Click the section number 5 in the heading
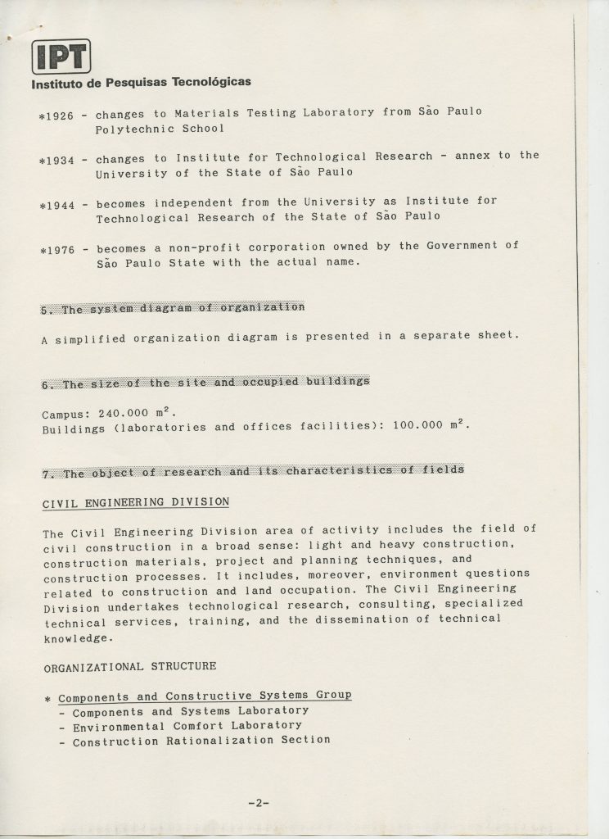click(x=46, y=310)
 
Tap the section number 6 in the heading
click(x=46, y=384)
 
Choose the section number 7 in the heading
click(x=46, y=474)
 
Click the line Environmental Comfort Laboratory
click(x=187, y=725)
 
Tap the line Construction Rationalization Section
click(x=201, y=741)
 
